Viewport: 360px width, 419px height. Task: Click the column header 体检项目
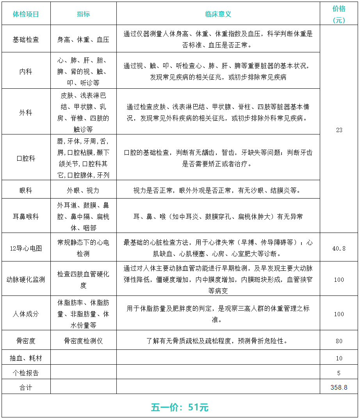tap(26, 14)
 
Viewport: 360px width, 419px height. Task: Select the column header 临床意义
tap(218, 14)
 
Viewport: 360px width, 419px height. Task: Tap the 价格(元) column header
tap(339, 14)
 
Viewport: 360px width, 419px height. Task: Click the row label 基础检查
tap(26, 39)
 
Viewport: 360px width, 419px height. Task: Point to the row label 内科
tap(26, 72)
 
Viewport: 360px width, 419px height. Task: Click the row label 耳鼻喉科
tap(26, 216)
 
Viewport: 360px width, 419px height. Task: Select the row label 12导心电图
tap(26, 248)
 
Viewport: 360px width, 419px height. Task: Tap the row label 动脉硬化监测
tap(26, 279)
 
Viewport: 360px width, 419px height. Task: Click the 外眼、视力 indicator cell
tap(83, 190)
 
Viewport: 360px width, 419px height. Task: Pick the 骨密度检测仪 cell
tap(83, 341)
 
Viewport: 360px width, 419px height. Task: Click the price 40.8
tap(339, 248)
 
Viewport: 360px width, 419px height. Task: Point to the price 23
tap(339, 130)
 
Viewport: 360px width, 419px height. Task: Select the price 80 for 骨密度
tap(339, 341)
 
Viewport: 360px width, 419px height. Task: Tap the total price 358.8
tap(339, 387)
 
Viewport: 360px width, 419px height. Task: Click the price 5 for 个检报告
tap(339, 373)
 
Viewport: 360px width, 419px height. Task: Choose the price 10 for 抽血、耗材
tap(339, 358)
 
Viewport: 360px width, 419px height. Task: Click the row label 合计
tap(26, 387)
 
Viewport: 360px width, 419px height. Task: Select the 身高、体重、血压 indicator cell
tap(83, 39)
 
